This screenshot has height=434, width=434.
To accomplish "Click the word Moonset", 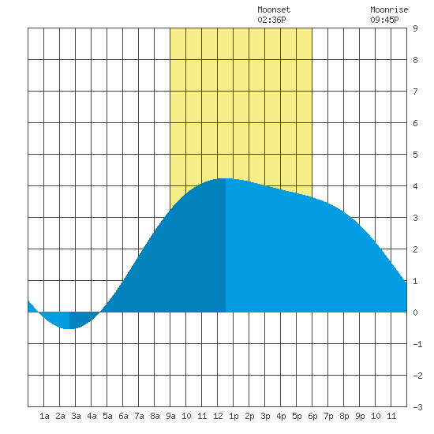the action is pyautogui.click(x=274, y=9).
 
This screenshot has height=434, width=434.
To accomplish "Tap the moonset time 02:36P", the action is pyautogui.click(x=271, y=20).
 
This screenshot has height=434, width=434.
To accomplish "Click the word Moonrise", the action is pyautogui.click(x=389, y=9).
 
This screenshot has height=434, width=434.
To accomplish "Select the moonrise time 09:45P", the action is pyautogui.click(x=384, y=20).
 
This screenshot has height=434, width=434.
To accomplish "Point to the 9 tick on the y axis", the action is pyautogui.click(x=415, y=28).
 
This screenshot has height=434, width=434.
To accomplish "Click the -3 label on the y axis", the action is pyautogui.click(x=417, y=407).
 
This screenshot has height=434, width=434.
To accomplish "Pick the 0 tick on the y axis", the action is pyautogui.click(x=415, y=312).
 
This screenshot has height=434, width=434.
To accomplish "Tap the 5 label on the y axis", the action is pyautogui.click(x=415, y=155).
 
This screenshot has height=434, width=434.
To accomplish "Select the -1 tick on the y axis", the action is pyautogui.click(x=417, y=344).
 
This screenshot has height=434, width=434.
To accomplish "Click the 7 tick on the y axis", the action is pyautogui.click(x=415, y=92).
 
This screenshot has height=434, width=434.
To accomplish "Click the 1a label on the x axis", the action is pyautogui.click(x=44, y=416).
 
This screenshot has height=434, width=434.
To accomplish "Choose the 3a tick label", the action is pyautogui.click(x=76, y=416).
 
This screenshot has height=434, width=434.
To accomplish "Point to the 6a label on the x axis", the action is pyautogui.click(x=123, y=416).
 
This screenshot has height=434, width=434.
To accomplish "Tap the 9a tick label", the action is pyautogui.click(x=170, y=416).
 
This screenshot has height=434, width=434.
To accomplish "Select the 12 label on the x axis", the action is pyautogui.click(x=218, y=416).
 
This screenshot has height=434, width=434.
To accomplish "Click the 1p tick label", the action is pyautogui.click(x=234, y=416).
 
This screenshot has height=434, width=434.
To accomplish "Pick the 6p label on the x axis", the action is pyautogui.click(x=312, y=416).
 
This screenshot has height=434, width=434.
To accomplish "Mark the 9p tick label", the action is pyautogui.click(x=360, y=416).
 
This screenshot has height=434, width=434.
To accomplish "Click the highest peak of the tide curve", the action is pyautogui.click(x=226, y=178).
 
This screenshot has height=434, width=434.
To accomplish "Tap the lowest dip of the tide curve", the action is pyautogui.click(x=69, y=328).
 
